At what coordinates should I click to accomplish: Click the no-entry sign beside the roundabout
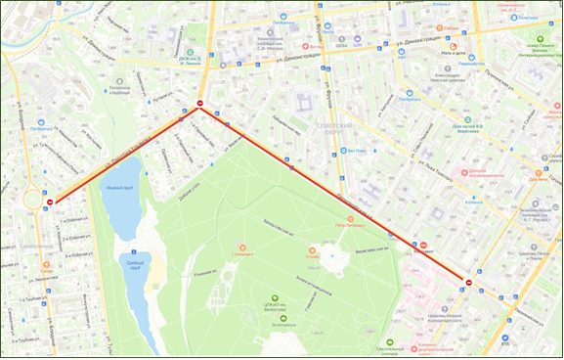pos(50,202)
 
